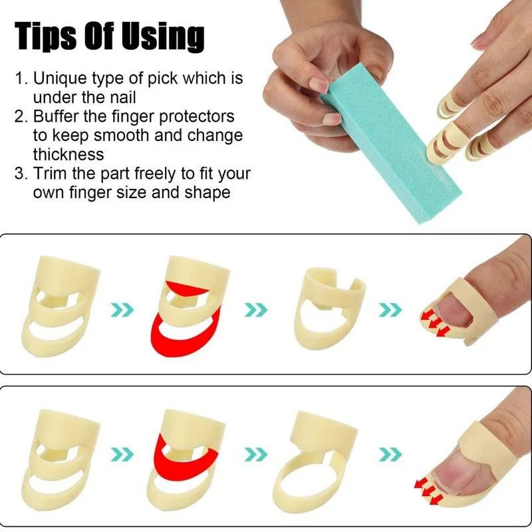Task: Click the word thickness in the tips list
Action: click(68, 155)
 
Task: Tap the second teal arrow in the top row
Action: click(257, 309)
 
